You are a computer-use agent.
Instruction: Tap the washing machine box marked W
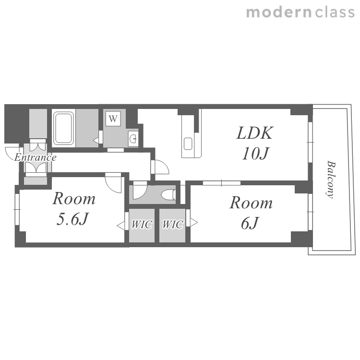(x=113, y=119)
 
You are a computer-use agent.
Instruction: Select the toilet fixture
(x=168, y=195)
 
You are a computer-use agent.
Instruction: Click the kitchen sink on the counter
(x=188, y=144)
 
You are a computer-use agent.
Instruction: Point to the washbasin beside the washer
(x=133, y=139)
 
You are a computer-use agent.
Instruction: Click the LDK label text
(x=255, y=133)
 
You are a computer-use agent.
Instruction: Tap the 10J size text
(x=255, y=154)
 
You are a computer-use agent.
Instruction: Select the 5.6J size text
(x=72, y=219)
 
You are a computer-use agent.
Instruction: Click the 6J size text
(x=250, y=223)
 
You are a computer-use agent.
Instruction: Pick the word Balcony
(x=331, y=180)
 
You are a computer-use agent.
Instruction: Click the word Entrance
(x=35, y=157)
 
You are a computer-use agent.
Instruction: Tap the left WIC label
(x=142, y=224)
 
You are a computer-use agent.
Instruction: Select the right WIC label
(x=173, y=224)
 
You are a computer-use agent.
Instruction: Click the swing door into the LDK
(x=160, y=167)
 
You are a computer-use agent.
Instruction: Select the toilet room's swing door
(x=140, y=190)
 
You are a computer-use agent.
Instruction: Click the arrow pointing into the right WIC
(x=193, y=222)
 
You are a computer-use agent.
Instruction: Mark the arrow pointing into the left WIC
(x=121, y=226)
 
